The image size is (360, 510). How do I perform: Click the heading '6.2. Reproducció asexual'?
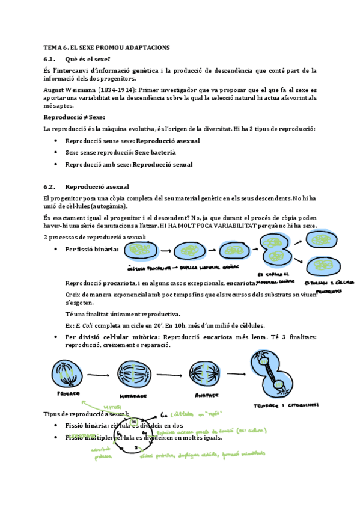[x=87, y=187]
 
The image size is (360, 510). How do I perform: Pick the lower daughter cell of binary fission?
[x=325, y=265]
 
